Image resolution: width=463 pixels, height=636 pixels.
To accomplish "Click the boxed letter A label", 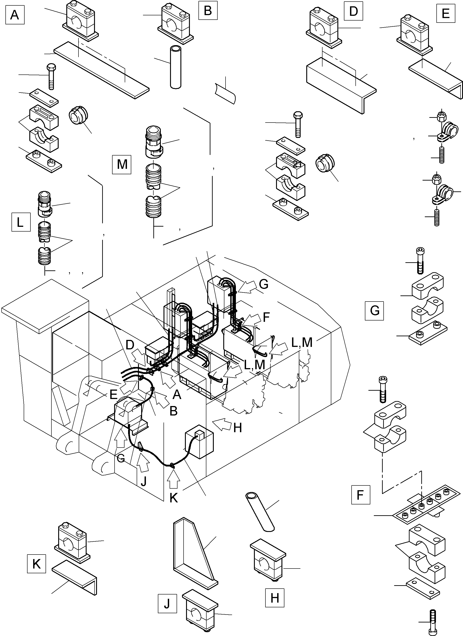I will click(15, 15).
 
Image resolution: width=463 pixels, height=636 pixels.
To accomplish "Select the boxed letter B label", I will click(208, 10).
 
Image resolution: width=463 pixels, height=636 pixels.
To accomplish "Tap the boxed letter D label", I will click(353, 11).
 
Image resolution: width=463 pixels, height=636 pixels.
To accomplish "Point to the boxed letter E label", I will click(445, 13).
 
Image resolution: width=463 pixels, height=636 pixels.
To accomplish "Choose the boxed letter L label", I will click(21, 222).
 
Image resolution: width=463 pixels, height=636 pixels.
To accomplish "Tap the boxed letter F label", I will click(360, 495).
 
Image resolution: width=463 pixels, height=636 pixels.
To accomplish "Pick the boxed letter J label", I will click(167, 604).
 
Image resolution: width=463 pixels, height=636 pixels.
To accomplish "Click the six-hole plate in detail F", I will click(426, 505).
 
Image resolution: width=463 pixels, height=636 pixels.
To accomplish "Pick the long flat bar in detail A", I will click(101, 70).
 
